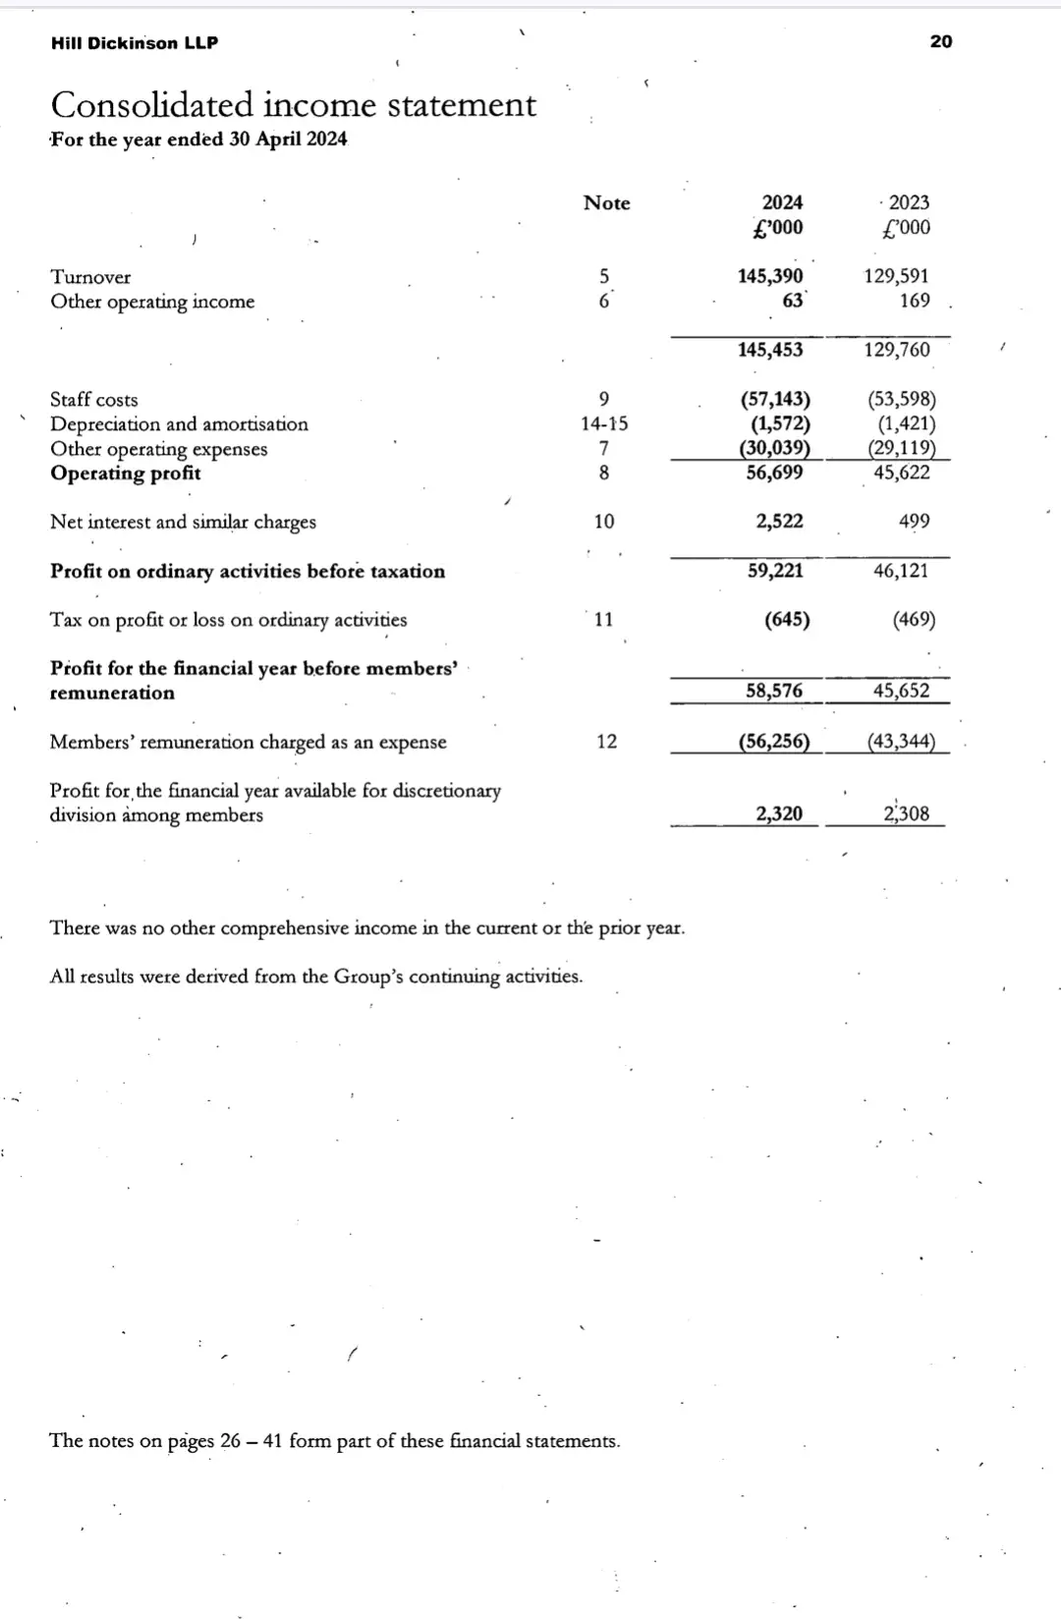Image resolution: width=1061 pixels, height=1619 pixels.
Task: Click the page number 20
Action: [x=940, y=41]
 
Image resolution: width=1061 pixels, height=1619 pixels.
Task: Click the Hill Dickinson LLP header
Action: [x=135, y=43]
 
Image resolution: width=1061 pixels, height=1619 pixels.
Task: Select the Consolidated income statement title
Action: [x=293, y=105]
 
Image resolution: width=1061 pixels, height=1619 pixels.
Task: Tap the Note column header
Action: [x=606, y=203]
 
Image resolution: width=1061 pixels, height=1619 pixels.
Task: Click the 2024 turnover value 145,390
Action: [x=770, y=276]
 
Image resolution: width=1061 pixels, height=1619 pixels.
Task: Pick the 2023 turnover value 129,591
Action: [x=896, y=276]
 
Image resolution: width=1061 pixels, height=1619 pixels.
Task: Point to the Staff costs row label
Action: [x=94, y=400]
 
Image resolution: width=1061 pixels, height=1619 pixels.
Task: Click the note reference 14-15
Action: [x=604, y=424]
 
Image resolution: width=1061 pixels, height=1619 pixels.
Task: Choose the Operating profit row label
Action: [x=126, y=474]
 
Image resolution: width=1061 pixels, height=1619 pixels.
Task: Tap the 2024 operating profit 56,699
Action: [x=774, y=473]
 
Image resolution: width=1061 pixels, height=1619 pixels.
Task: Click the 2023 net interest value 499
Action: [x=914, y=522]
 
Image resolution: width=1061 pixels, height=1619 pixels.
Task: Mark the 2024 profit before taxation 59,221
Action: [x=775, y=571]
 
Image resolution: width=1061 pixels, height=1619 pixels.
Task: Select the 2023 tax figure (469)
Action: [x=914, y=620]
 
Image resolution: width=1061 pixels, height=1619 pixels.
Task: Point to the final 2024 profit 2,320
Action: [x=779, y=813]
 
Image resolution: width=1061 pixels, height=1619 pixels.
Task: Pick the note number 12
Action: [x=607, y=742]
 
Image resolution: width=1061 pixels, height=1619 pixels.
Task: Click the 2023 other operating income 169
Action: [x=915, y=301]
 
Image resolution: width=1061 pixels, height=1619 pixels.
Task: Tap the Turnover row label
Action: [x=90, y=277]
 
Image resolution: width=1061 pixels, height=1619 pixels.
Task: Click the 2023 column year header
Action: [x=909, y=202]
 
